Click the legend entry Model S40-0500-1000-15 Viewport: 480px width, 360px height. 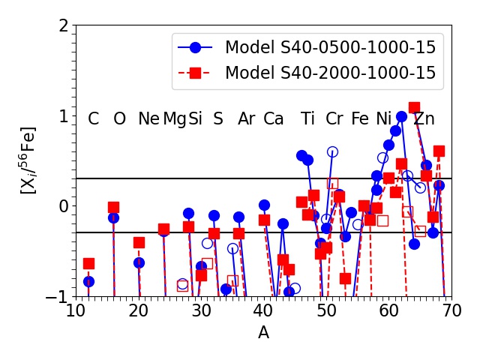point(307,47)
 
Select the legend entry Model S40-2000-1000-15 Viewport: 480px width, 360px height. point(307,73)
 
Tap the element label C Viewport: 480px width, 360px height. point(93,118)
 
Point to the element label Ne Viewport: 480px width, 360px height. point(148,118)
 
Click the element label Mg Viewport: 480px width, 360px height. point(175,119)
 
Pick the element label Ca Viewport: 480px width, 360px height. point(273,118)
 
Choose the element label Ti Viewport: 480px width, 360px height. point(307,118)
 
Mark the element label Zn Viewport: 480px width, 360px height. point(424,118)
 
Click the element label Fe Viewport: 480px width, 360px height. point(360,118)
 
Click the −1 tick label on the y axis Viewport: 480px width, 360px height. point(57,297)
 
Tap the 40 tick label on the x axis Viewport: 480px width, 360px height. point(263,311)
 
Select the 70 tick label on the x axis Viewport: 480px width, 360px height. point(451,311)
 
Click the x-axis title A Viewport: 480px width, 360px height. point(263,332)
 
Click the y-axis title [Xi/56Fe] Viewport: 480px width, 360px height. point(28,160)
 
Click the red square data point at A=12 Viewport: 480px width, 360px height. point(88,263)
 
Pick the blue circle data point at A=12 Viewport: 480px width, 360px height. point(88,282)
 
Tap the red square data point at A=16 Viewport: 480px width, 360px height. point(113,208)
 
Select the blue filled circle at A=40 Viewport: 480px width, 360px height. point(264,205)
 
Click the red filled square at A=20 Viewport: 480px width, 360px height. point(139,243)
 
